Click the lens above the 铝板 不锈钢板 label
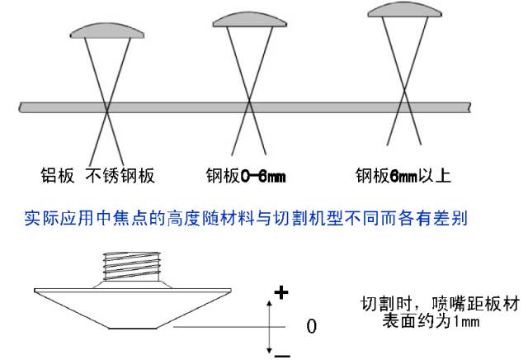pyautogui.click(x=107, y=31)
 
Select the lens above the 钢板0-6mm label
pyautogui.click(x=249, y=20)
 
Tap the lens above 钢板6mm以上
pyautogui.click(x=405, y=10)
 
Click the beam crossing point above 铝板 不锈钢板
pyautogui.click(x=107, y=110)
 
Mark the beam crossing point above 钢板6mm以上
pyautogui.click(x=404, y=90)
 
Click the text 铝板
pyautogui.click(x=57, y=176)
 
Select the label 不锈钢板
pyautogui.click(x=120, y=176)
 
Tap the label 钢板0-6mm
pyautogui.click(x=246, y=176)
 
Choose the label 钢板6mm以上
pyautogui.click(x=403, y=176)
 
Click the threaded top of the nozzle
pyautogui.click(x=131, y=266)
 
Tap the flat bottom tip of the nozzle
pyautogui.click(x=133, y=328)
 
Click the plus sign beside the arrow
pyautogui.click(x=281, y=292)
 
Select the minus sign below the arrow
pyautogui.click(x=282, y=355)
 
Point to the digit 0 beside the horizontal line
pyautogui.click(x=312, y=326)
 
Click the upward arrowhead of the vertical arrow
pyautogui.click(x=269, y=303)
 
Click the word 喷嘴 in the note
pyautogui.click(x=447, y=305)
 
